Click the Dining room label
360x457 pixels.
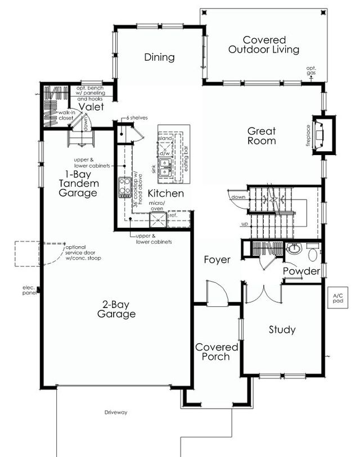tap(159, 57)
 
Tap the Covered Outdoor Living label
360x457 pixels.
tap(264, 45)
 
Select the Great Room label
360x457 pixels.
tap(262, 136)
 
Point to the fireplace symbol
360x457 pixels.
tap(321, 134)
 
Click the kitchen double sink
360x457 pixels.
tap(165, 167)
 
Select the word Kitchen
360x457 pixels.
tap(166, 193)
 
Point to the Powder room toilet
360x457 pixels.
tap(313, 254)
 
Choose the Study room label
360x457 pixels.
tap(282, 330)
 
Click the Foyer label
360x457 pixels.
tap(217, 260)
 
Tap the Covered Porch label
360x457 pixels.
tap(217, 352)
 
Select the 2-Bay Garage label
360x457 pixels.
tap(116, 309)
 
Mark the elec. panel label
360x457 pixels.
tap(29, 291)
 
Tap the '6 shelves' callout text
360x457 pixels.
tap(137, 117)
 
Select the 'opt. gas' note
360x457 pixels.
tap(311, 71)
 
